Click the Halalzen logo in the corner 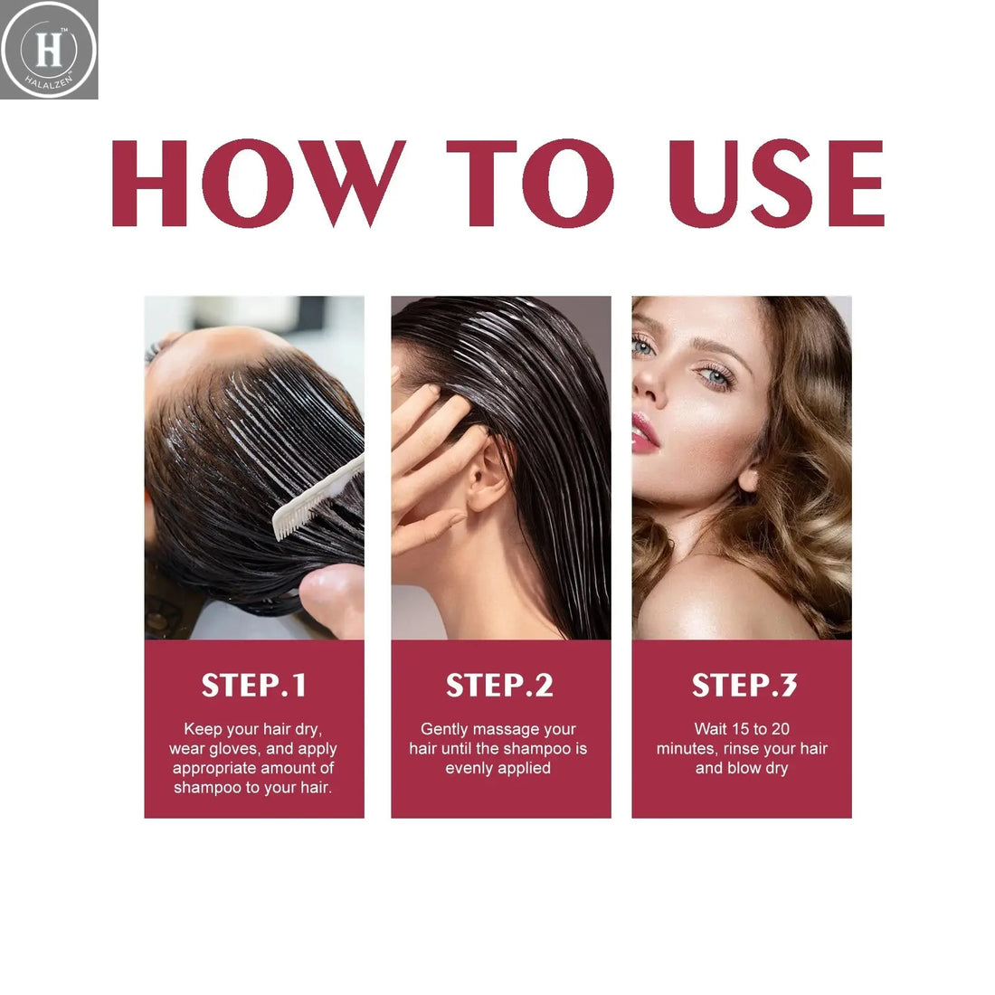tap(49, 49)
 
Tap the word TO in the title tap(530, 184)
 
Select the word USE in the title tap(775, 184)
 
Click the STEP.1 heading tap(254, 686)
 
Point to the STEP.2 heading tap(499, 686)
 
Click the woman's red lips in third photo tap(644, 432)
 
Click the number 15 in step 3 tap(740, 729)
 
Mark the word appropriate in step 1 tap(215, 768)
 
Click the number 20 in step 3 tap(781, 729)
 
